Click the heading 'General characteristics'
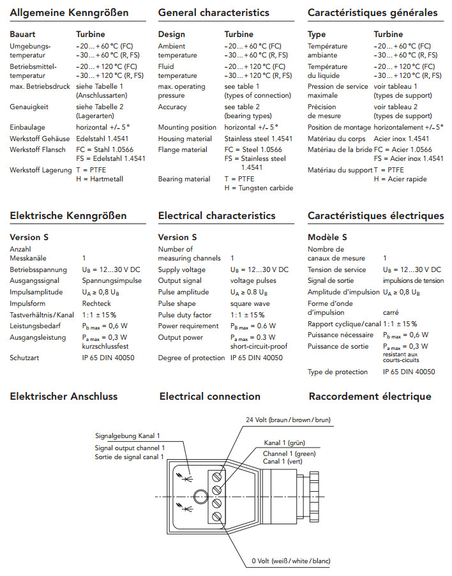tap(213, 13)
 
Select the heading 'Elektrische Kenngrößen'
tap(68, 216)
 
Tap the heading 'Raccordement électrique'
tap(370, 397)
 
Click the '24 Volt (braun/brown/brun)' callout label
tap(288, 420)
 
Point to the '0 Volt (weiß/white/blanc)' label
tap(290, 561)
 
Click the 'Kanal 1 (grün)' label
tap(285, 443)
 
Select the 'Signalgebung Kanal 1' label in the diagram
tap(127, 436)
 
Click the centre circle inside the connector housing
tap(200, 496)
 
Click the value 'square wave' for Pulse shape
tap(250, 304)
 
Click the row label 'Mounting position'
tap(187, 128)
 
